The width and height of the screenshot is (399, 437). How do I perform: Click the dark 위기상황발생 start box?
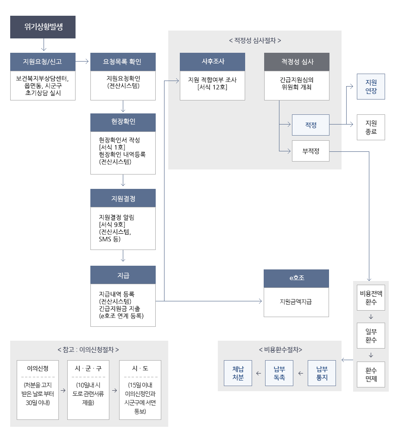click(43, 27)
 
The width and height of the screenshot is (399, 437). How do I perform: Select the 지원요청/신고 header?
click(43, 62)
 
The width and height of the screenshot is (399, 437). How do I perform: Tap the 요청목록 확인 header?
click(123, 62)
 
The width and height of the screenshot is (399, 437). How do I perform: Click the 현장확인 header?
click(123, 122)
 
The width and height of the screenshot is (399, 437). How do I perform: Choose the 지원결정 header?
click(123, 198)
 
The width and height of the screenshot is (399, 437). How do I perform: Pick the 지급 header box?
click(123, 275)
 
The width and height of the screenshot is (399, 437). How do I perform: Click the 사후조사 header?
click(212, 62)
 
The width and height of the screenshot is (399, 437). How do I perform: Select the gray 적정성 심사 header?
click(297, 62)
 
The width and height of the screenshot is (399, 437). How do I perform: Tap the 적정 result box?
click(310, 125)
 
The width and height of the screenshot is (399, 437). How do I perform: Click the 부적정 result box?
click(310, 151)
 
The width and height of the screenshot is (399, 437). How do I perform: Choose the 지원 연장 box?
click(371, 87)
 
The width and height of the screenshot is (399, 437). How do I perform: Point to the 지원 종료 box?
click(371, 127)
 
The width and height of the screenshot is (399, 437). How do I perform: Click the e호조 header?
click(296, 278)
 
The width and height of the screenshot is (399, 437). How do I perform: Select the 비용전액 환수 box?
click(371, 297)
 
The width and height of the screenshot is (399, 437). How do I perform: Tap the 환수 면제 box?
click(371, 375)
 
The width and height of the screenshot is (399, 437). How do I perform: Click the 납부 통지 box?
click(322, 373)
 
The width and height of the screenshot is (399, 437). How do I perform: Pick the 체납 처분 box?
click(238, 373)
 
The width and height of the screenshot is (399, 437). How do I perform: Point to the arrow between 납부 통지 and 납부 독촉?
click(301, 373)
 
